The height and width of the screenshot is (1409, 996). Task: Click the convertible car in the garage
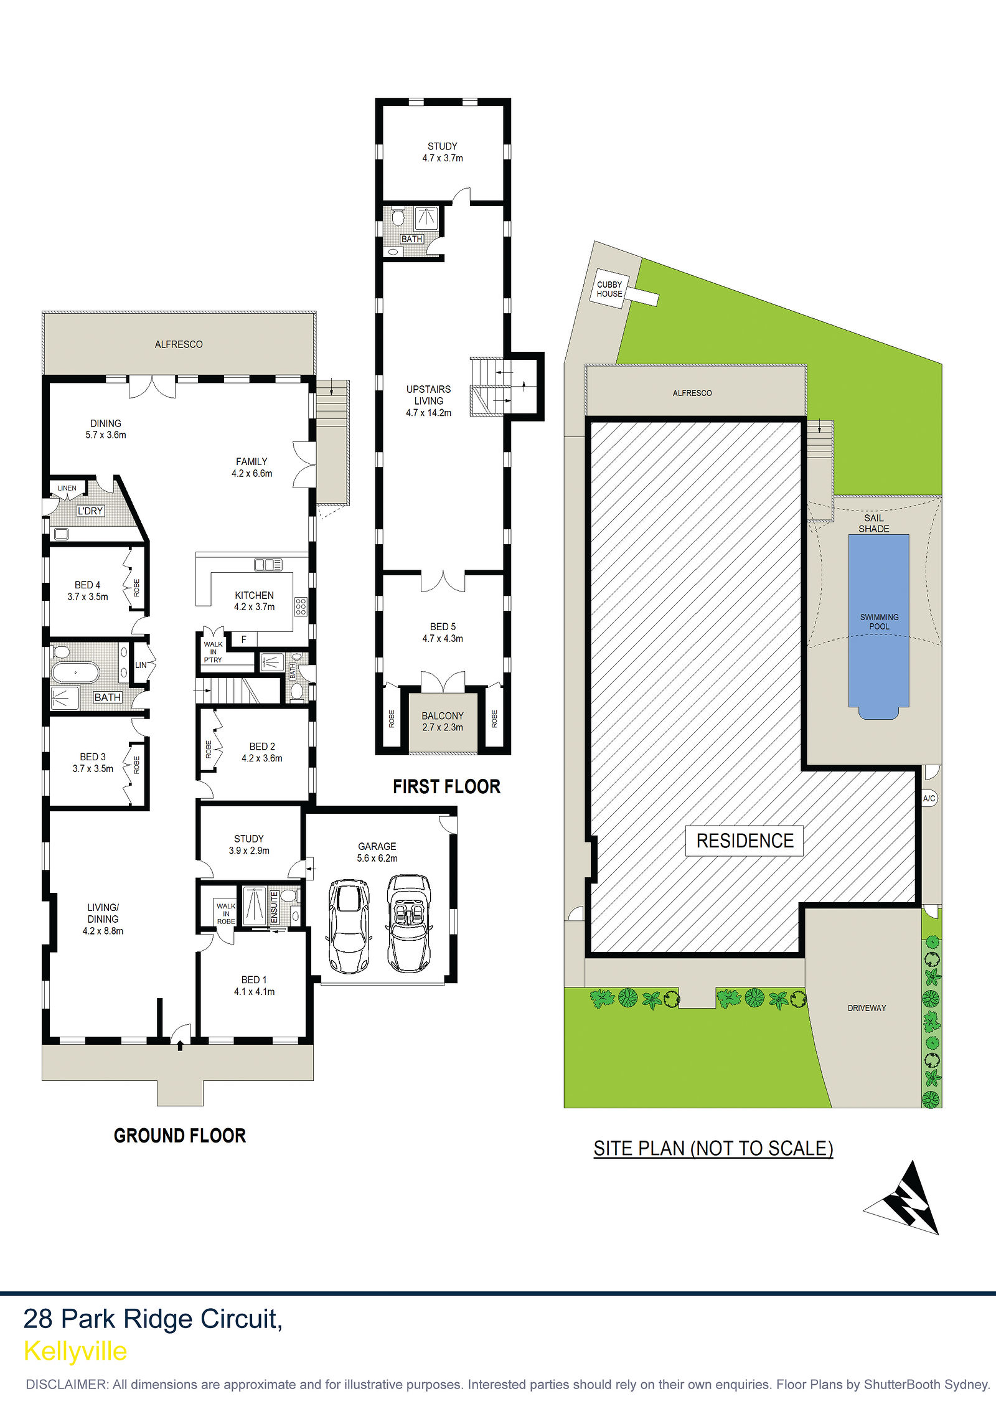409,924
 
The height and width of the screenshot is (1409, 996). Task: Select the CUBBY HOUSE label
609,290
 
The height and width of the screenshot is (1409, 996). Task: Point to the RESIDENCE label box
745,841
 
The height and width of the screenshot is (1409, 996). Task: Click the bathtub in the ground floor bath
75,672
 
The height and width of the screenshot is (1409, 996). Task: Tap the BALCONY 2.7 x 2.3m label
443,722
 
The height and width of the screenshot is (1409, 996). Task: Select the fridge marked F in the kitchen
243,639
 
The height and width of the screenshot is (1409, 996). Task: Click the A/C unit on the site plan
929,798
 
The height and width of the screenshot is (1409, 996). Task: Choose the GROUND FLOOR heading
180,1136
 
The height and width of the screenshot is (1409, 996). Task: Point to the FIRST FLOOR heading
446,787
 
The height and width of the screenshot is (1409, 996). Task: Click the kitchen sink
268,565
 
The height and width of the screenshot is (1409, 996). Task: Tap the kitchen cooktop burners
301,606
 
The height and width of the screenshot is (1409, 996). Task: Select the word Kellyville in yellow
75,1351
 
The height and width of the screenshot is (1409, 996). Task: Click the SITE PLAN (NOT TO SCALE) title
713,1148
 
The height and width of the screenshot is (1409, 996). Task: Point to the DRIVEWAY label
867,1008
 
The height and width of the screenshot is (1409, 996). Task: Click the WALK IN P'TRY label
213,652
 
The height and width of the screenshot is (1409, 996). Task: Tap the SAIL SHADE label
874,523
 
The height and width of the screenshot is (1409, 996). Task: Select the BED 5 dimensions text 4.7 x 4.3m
443,638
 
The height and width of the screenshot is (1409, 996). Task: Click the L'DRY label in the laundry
90,511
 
